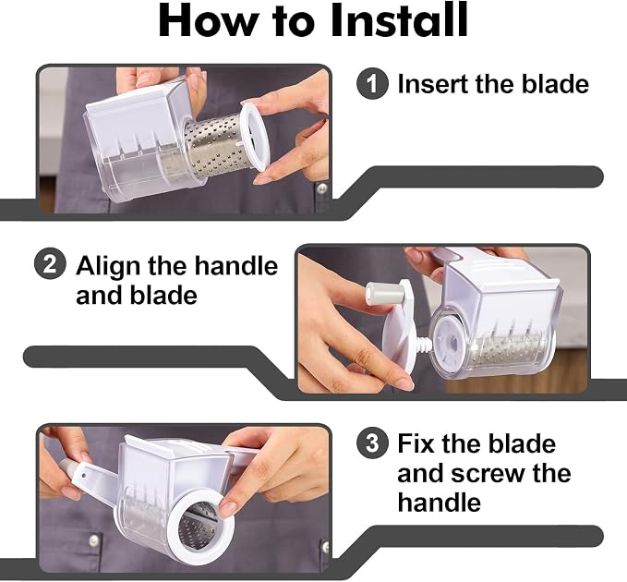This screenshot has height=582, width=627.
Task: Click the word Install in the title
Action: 399,20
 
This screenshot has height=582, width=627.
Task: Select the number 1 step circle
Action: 372,83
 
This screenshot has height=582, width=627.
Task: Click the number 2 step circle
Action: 50,264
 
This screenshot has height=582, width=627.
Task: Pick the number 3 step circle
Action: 372,443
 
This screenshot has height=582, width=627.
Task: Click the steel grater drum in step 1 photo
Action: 216,145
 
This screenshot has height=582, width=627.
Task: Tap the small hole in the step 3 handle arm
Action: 84,476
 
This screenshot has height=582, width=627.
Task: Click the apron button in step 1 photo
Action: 320,187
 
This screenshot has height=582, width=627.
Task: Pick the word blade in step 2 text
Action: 164,296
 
